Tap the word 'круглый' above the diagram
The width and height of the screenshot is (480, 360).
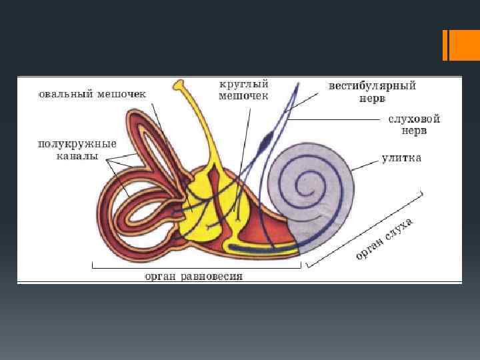pyautogui.click(x=244, y=85)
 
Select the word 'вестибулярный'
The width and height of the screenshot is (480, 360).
pyautogui.click(x=372, y=86)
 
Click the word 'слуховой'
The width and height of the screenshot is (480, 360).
pyautogui.click(x=414, y=119)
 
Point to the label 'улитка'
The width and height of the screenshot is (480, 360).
pyautogui.click(x=401, y=159)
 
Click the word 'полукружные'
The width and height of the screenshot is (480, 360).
pyautogui.click(x=77, y=144)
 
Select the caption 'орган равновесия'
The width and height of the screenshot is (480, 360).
pyautogui.click(x=194, y=276)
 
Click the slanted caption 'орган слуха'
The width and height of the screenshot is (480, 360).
pyautogui.click(x=385, y=238)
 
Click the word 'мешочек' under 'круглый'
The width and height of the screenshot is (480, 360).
pyautogui.click(x=244, y=96)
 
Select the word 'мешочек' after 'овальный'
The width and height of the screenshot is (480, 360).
pyautogui.click(x=122, y=93)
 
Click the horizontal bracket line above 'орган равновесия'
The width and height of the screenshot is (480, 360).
pyautogui.click(x=196, y=267)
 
